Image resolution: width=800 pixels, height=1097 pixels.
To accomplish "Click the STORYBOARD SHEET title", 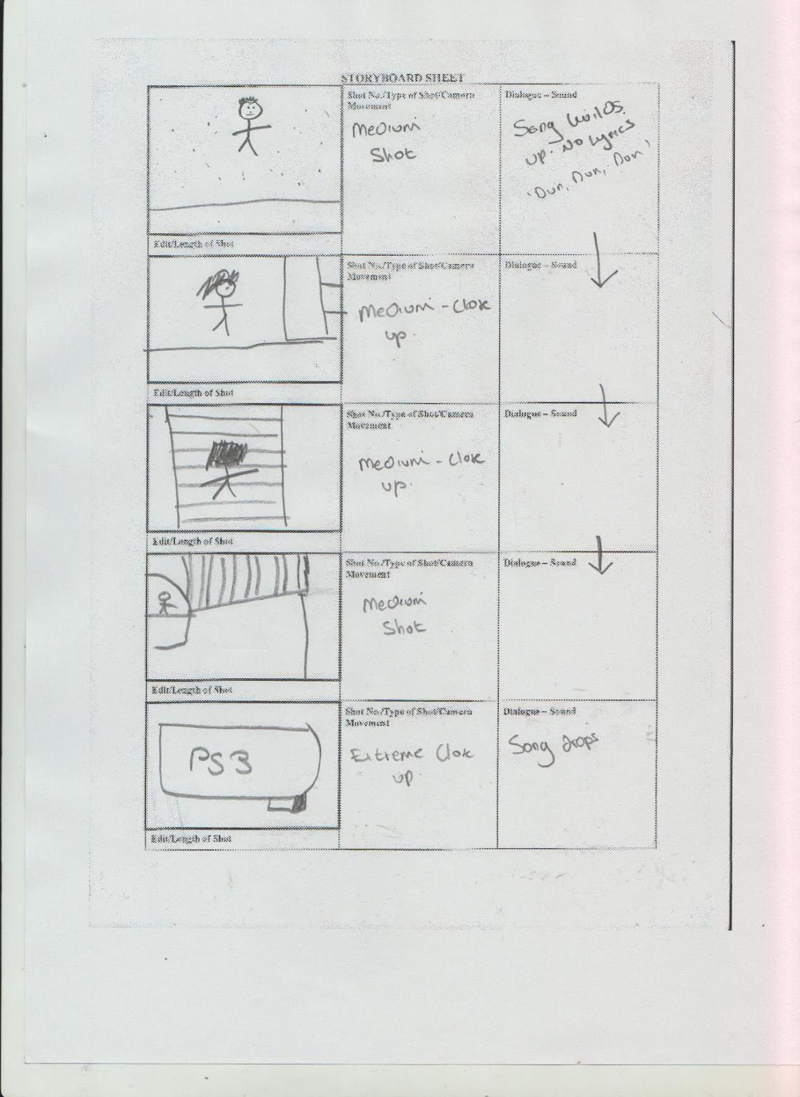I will [402, 79].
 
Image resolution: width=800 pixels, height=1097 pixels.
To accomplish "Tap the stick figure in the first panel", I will [248, 124].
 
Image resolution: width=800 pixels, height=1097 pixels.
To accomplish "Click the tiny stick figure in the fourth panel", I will [163, 604].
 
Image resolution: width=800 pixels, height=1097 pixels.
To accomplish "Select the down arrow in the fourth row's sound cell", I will [602, 554].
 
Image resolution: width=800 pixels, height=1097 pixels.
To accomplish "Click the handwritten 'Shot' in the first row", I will [393, 155].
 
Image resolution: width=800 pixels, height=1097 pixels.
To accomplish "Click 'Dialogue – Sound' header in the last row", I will [540, 712].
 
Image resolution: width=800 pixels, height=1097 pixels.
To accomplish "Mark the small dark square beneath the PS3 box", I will [299, 803].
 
